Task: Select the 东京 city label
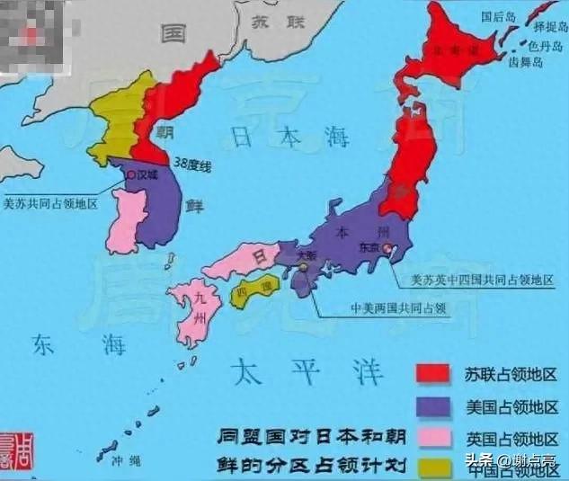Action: coord(369,245)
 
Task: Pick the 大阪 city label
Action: coord(305,254)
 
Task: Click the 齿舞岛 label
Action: coord(527,64)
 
